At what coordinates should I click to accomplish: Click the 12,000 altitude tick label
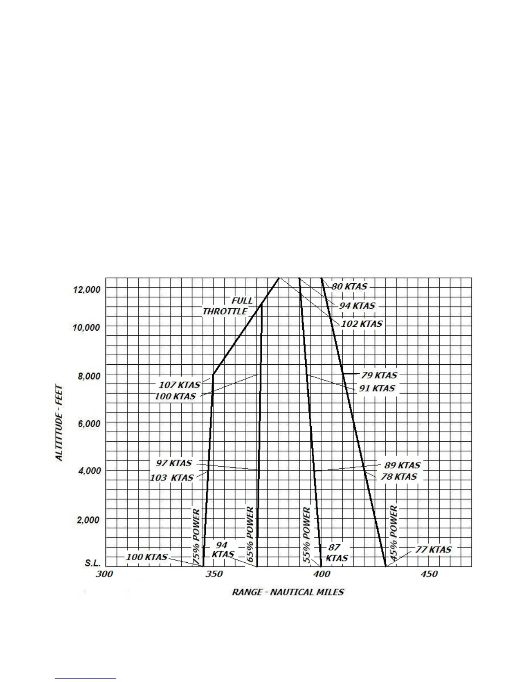click(87, 289)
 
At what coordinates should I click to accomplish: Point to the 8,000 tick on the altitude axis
click(89, 376)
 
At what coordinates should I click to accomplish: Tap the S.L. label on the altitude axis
click(93, 563)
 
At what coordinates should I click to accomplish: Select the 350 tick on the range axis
click(214, 574)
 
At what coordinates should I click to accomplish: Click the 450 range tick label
click(429, 574)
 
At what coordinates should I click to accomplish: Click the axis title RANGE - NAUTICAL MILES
click(288, 592)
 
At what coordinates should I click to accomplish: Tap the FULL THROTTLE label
click(228, 306)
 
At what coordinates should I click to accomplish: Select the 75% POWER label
click(196, 536)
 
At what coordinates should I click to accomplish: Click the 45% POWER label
click(394, 534)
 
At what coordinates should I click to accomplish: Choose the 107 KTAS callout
click(180, 385)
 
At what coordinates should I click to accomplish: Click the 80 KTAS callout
click(349, 286)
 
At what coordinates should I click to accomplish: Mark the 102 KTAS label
click(362, 324)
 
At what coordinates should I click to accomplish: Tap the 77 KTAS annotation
click(433, 550)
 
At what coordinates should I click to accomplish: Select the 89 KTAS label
click(402, 465)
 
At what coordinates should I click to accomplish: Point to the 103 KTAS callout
click(172, 478)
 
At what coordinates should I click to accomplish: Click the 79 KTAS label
click(379, 375)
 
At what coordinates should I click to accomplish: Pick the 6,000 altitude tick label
click(89, 424)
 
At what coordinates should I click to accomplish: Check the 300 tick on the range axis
click(104, 574)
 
